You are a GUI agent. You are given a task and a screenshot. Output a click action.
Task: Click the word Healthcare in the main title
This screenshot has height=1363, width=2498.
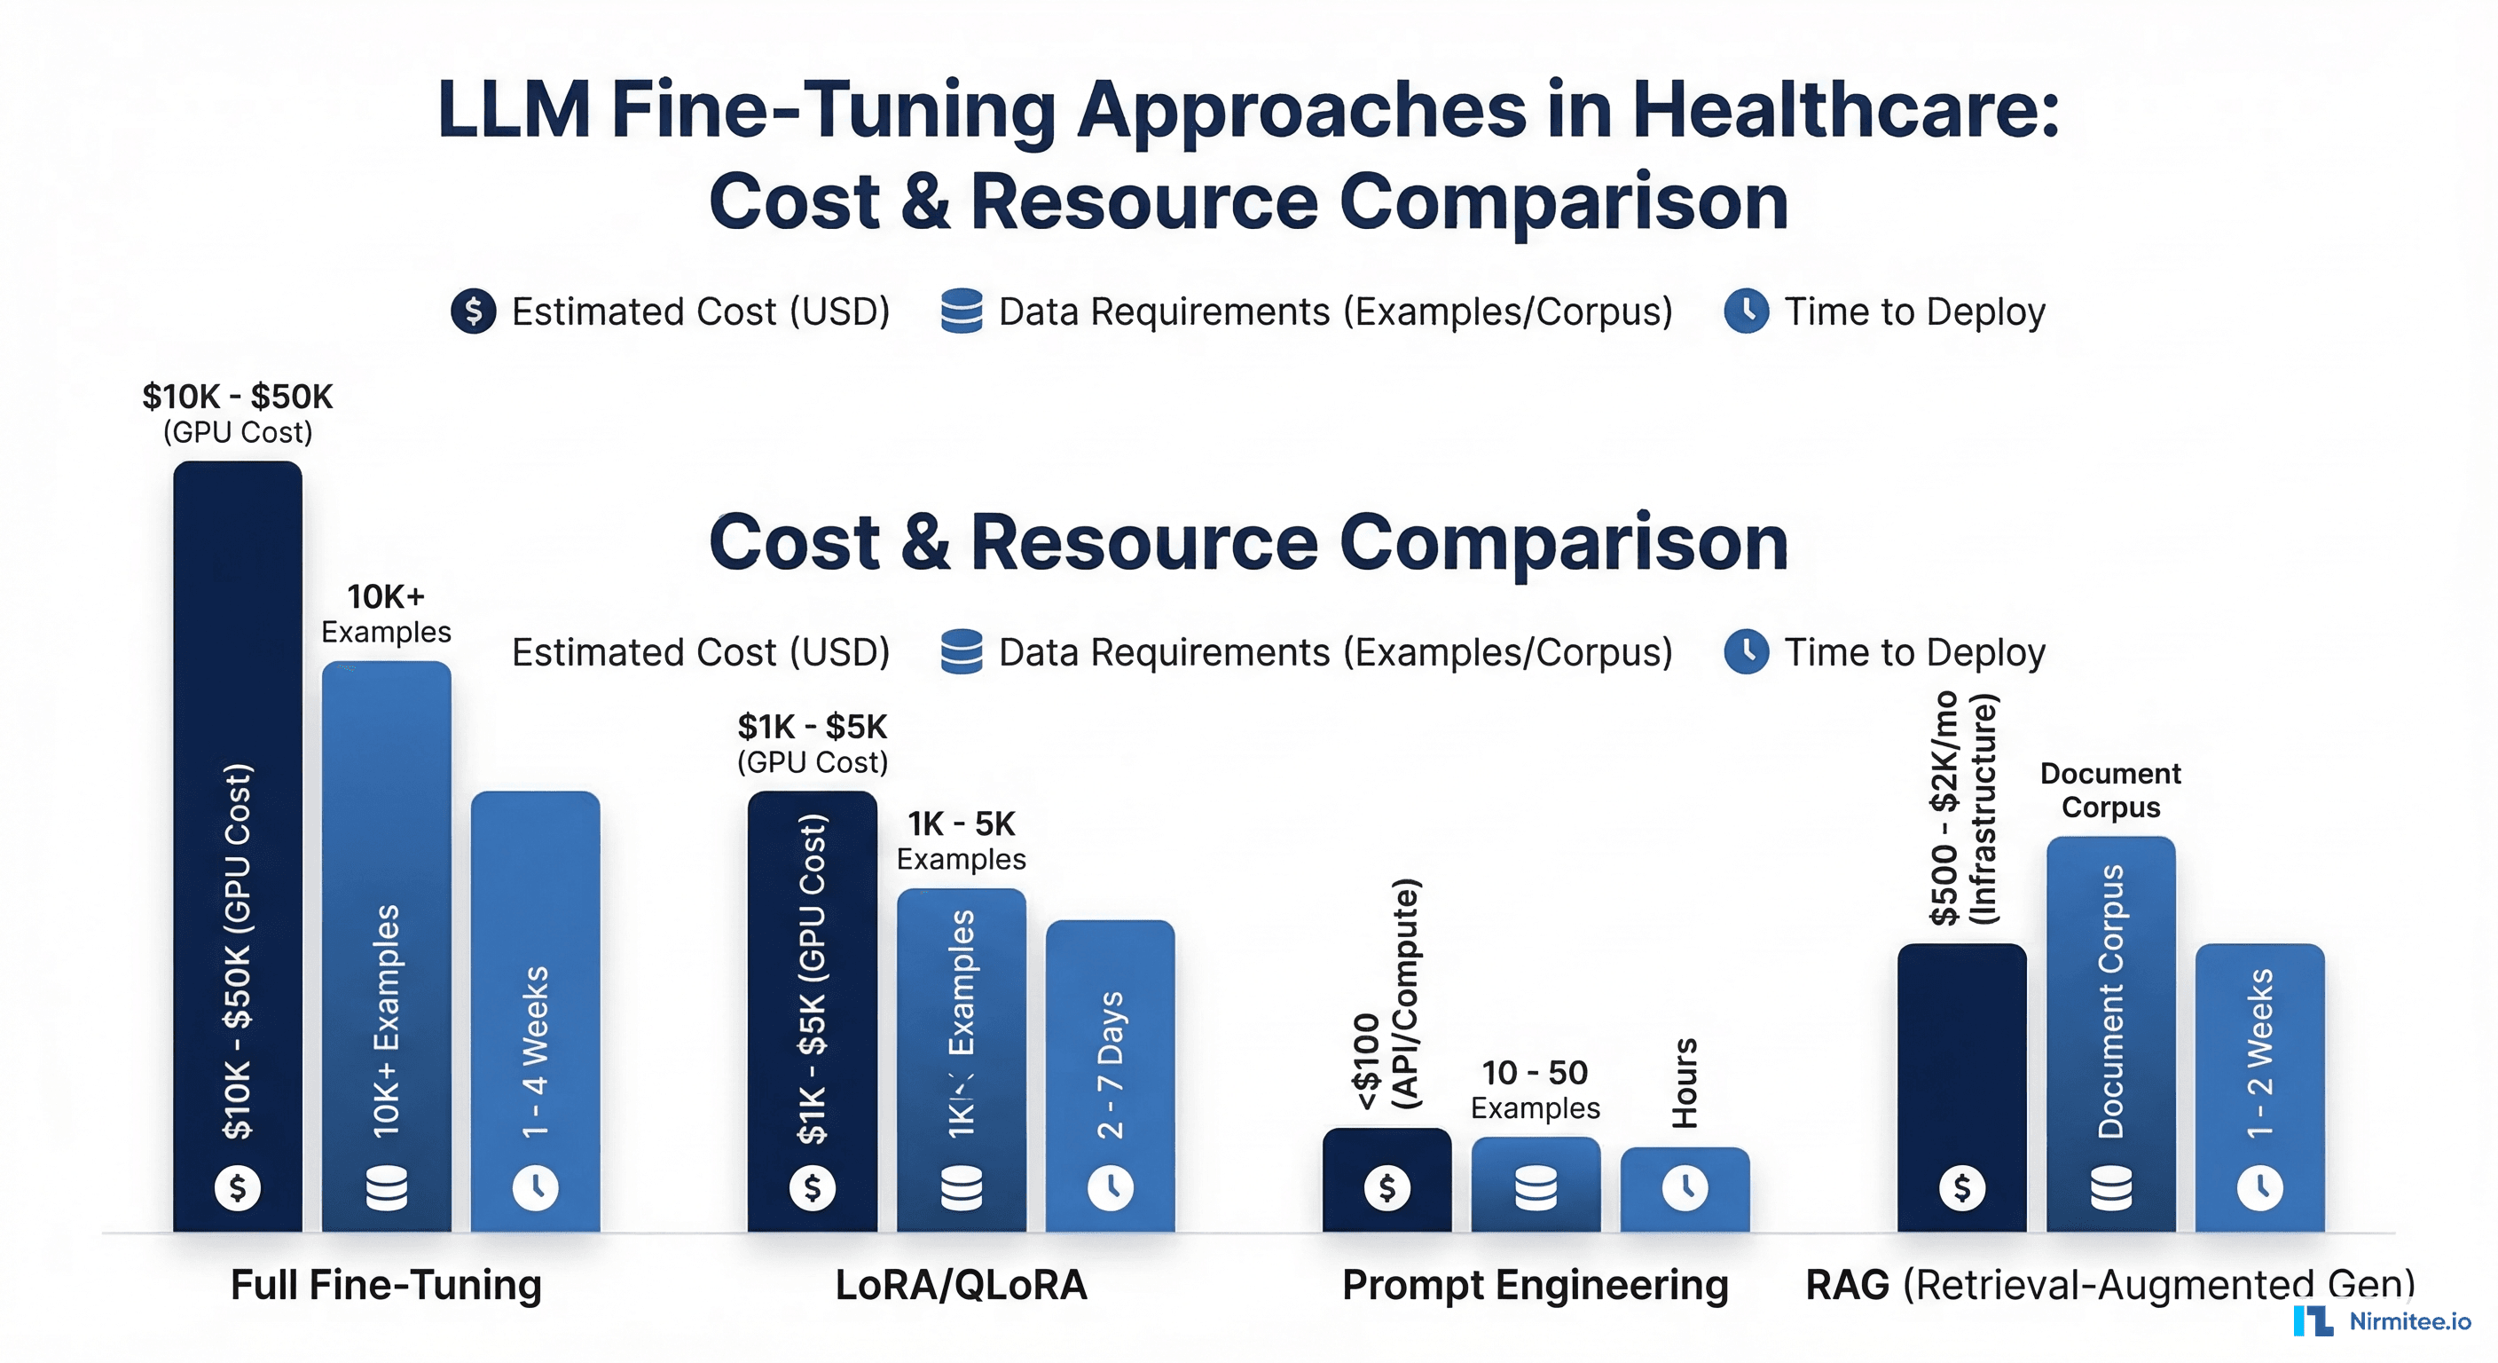coord(1844,110)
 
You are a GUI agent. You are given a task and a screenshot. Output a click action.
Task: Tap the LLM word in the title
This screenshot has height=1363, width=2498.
coord(513,110)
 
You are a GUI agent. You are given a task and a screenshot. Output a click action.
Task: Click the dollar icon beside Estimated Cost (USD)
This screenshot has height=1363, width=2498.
coord(473,311)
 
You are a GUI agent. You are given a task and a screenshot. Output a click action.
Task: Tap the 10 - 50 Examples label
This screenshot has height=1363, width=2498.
coord(1535,1089)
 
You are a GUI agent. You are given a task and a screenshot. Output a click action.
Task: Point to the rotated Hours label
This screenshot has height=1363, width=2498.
coord(1685,1083)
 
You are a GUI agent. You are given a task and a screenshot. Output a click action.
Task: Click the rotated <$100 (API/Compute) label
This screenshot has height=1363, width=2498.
coord(1386,995)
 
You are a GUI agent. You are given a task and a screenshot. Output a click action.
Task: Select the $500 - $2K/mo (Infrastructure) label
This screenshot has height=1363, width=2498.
coord(1963,809)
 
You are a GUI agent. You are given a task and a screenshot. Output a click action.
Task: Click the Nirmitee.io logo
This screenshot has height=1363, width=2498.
coord(2383,1320)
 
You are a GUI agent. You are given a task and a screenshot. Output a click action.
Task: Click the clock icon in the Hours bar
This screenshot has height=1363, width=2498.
coord(1685,1187)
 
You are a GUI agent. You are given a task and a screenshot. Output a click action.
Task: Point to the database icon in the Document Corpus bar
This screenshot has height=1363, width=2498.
coord(2111,1187)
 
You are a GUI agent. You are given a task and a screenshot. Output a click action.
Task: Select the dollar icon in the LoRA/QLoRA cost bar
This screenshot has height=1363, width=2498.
coord(813,1187)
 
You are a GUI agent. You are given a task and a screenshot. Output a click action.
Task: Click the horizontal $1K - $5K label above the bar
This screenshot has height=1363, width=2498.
coord(813,727)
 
